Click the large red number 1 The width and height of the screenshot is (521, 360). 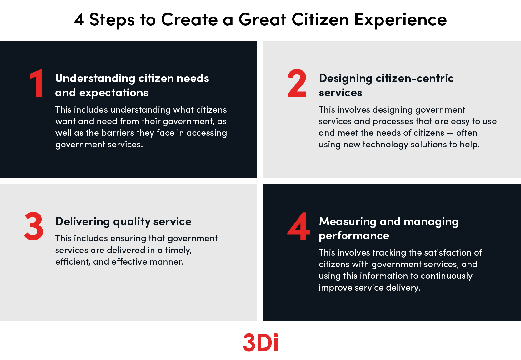point(37,83)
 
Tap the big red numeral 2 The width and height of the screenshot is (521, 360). point(297,83)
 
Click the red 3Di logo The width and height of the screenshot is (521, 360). point(261,342)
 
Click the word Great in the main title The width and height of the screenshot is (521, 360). point(262,19)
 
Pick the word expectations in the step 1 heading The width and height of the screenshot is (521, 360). point(114,93)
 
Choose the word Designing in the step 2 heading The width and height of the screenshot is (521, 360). point(346,79)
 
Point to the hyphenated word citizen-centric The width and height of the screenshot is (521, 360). point(414,78)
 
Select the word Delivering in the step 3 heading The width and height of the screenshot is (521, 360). point(83,221)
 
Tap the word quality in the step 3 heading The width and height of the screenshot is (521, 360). point(132,221)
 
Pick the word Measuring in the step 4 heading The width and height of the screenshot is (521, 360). point(348,221)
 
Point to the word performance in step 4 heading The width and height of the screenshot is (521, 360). point(354,236)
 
